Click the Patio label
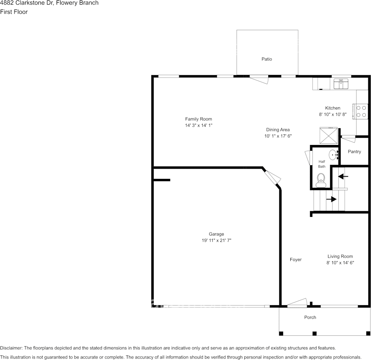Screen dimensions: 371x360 tap(267, 59)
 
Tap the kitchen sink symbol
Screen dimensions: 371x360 tap(341, 84)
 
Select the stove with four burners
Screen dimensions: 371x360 tap(361, 112)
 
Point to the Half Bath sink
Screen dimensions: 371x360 tap(333, 155)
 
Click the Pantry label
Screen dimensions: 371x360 tap(354, 152)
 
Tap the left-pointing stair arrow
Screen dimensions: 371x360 tap(343, 176)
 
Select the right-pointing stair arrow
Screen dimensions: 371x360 tap(331, 199)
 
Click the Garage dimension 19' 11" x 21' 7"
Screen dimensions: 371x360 tap(217, 241)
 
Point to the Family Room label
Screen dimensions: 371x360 tap(199, 119)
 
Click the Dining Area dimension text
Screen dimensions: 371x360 tap(278, 136)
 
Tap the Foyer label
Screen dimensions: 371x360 tap(296, 260)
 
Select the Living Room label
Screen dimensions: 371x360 tap(340, 256)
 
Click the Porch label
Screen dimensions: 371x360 tap(310, 317)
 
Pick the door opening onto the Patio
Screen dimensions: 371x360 tap(259, 79)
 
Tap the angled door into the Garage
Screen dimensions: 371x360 tap(272, 177)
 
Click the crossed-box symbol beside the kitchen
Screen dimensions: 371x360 tap(329, 135)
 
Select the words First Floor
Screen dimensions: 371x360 tap(14, 12)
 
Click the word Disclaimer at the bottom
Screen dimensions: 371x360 tap(11, 348)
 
